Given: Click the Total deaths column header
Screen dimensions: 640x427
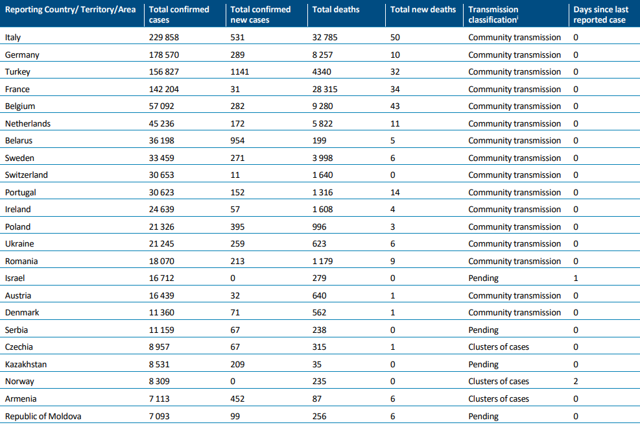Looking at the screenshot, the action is (x=335, y=9).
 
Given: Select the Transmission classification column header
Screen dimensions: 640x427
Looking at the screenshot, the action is (x=493, y=14).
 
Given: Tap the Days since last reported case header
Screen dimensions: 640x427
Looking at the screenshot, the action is (x=601, y=14).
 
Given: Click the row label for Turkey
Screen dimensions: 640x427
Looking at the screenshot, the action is (x=18, y=72).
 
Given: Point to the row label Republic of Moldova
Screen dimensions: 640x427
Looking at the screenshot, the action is (x=43, y=417).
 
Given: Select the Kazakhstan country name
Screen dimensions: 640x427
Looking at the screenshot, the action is (x=26, y=365).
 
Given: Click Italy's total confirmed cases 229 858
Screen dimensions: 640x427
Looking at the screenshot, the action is (x=163, y=38).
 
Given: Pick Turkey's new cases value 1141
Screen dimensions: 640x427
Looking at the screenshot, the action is (x=239, y=72).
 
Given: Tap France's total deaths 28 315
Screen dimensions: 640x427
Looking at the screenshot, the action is (x=325, y=89).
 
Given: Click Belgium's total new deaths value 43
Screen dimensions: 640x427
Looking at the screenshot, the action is (x=395, y=106).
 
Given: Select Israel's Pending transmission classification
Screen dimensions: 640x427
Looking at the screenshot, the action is (x=483, y=278).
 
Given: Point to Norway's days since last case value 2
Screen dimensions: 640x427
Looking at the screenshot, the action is (x=576, y=381).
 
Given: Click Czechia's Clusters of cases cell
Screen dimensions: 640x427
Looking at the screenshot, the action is (x=499, y=347).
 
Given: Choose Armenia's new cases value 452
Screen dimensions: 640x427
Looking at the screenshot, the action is (x=237, y=399).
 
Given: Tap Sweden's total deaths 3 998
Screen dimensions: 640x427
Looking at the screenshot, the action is (x=322, y=158).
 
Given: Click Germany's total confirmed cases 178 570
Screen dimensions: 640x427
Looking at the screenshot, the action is (x=163, y=55).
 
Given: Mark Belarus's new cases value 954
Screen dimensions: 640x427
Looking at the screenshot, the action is (x=237, y=141).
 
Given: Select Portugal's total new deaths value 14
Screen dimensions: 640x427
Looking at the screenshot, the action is (x=395, y=193).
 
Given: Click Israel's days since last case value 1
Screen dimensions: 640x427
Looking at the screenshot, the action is (x=576, y=278).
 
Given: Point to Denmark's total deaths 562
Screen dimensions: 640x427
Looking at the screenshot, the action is (x=319, y=313).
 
